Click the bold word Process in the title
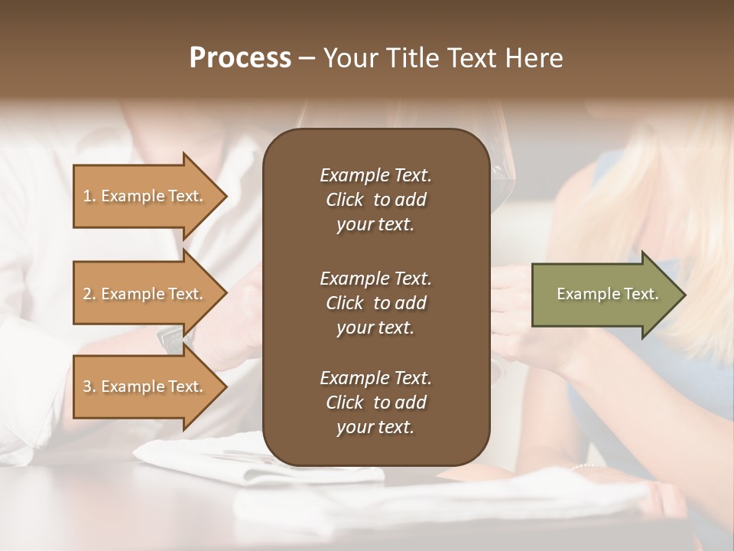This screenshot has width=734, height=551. pos(240,58)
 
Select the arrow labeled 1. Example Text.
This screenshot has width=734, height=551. pos(145,196)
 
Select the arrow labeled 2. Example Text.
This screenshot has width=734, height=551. pos(145,294)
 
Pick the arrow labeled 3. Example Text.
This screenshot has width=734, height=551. pos(145,386)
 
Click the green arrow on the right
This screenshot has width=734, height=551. pos(604,294)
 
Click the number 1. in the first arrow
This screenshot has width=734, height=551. pos(89,196)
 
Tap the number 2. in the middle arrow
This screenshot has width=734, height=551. pos(89,294)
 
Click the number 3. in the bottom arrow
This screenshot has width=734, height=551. pos(89,386)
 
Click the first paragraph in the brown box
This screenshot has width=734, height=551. pos(375,200)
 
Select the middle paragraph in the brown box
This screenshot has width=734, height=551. pos(375,302)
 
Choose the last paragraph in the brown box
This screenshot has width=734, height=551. pos(375,403)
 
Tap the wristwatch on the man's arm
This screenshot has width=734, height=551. pos(173,337)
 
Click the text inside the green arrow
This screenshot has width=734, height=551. pos(607,294)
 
